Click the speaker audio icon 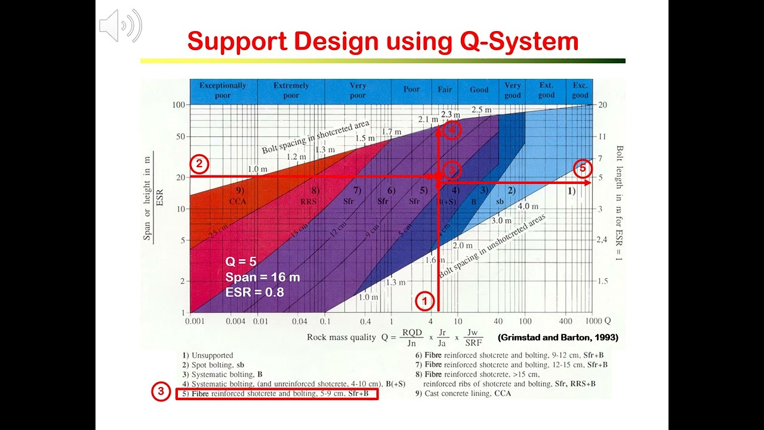[120, 26]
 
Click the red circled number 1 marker [424, 301]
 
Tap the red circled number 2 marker [199, 164]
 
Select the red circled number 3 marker [161, 392]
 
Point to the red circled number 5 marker [583, 168]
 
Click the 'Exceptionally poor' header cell [223, 90]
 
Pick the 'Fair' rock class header [445, 90]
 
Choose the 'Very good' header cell [512, 90]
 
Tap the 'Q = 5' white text [242, 262]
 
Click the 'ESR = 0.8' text [254, 293]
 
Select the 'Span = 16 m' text [263, 277]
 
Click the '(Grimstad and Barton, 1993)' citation [558, 337]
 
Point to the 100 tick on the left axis [177, 105]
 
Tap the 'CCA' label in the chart [238, 202]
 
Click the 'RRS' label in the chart [309, 202]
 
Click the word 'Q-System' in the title [519, 42]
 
